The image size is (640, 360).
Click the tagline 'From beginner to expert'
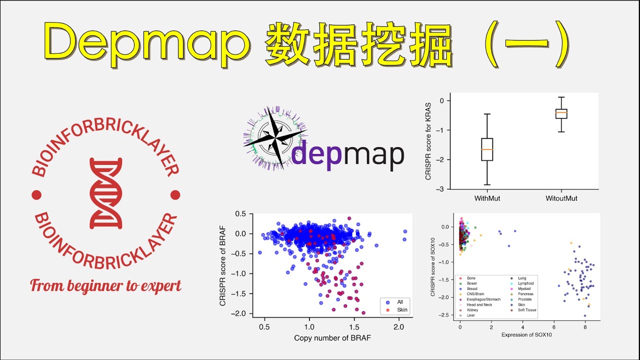pyautogui.click(x=105, y=285)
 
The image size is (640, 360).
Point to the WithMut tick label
pyautogui.click(x=487, y=198)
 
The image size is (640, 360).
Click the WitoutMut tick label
pyautogui.click(x=561, y=198)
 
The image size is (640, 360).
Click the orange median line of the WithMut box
pyautogui.click(x=487, y=149)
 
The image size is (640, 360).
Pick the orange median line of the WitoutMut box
pyautogui.click(x=561, y=112)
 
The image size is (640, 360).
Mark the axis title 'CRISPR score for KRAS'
pyautogui.click(x=428, y=141)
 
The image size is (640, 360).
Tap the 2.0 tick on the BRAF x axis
pyautogui.click(x=398, y=326)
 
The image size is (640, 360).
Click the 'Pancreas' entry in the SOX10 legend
pyautogui.click(x=526, y=294)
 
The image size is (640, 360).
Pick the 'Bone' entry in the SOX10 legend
pyautogui.click(x=471, y=278)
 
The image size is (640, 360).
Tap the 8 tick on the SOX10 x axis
pyautogui.click(x=585, y=325)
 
